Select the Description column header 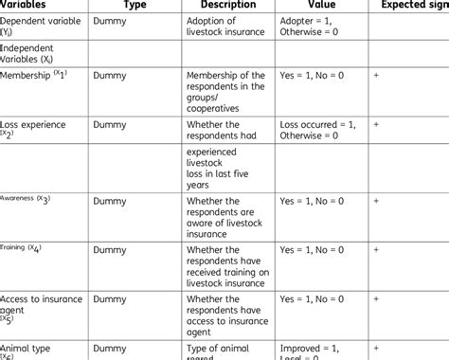pos(229,5)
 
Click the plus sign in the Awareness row pos(377,201)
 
